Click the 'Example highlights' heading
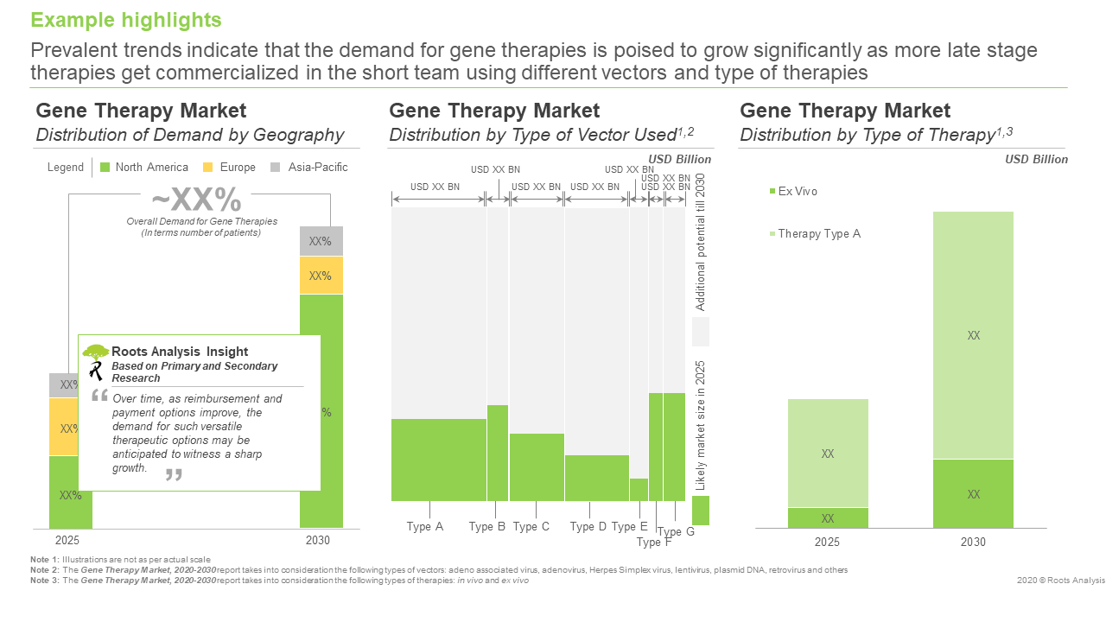click(x=126, y=20)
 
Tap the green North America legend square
click(x=105, y=168)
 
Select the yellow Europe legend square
click(x=208, y=168)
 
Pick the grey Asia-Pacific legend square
click(x=276, y=168)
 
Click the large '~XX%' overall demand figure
click(x=197, y=200)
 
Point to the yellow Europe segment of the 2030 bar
click(x=321, y=276)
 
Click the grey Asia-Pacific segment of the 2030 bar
click(x=321, y=241)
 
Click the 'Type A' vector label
click(x=425, y=527)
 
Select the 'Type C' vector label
click(x=531, y=527)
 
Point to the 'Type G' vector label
click(x=676, y=532)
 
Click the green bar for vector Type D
click(x=596, y=478)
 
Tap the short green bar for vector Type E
click(x=639, y=490)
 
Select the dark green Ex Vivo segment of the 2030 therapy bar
click(x=973, y=493)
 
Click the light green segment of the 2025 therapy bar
click(x=828, y=453)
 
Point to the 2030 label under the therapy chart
click(x=973, y=543)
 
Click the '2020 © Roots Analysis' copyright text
click(x=1061, y=581)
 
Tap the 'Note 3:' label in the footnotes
click(x=44, y=581)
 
